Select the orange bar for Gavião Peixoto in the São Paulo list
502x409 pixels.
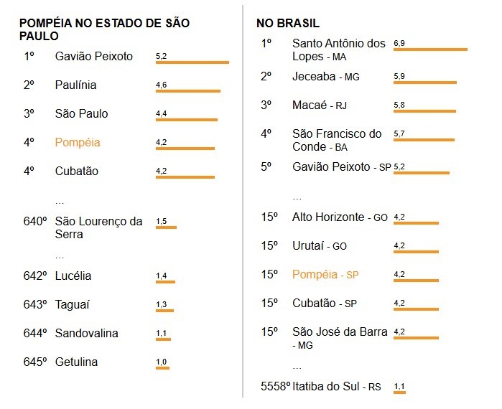pyautogui.click(x=192, y=63)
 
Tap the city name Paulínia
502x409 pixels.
pyautogui.click(x=75, y=85)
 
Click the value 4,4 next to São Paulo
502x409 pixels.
pyautogui.click(x=161, y=113)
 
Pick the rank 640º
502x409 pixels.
pyautogui.click(x=35, y=221)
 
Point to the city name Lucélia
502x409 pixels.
pyautogui.click(x=73, y=276)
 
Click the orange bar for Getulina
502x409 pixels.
pyautogui.click(x=162, y=368)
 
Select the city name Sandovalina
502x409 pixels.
pyautogui.click(x=86, y=334)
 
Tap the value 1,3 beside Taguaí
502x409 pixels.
pyautogui.click(x=161, y=304)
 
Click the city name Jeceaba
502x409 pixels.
pyautogui.click(x=317, y=77)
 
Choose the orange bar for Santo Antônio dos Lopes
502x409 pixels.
pyautogui.click(x=430, y=50)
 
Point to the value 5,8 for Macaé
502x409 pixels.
pyautogui.click(x=399, y=105)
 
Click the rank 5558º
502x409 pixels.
pyautogui.click(x=275, y=387)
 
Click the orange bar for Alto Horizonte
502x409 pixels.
pyautogui.click(x=416, y=223)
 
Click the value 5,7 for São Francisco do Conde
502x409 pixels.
pyautogui.click(x=399, y=133)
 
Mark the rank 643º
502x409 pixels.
pyautogui.click(x=35, y=305)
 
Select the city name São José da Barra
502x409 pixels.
pyautogui.click(x=340, y=332)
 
